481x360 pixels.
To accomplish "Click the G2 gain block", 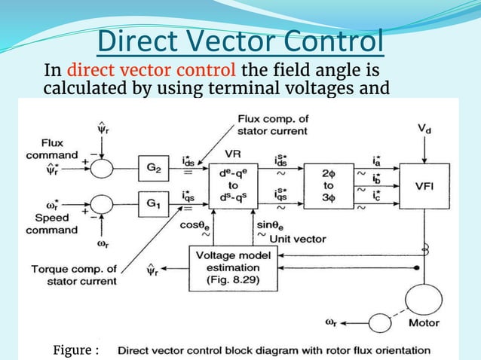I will coord(154,167).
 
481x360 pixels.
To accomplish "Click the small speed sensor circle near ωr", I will coord(380,322).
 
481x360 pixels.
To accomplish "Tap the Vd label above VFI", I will coord(425,129).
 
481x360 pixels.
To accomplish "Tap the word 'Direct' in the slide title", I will coord(141,41).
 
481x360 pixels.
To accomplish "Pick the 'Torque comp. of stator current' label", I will coord(74,275).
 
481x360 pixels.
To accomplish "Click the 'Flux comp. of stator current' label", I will coord(272,125).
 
